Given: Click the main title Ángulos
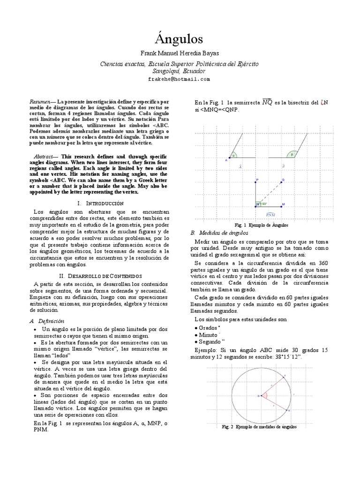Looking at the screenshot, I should (x=180, y=37).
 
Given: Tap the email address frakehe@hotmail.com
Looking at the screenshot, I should (x=180, y=79).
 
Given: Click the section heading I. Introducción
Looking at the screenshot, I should (x=100, y=203).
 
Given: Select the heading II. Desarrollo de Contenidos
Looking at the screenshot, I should (x=100, y=276).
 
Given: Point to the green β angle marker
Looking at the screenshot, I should (x=292, y=155).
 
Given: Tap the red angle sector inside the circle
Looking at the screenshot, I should (x=265, y=396).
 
